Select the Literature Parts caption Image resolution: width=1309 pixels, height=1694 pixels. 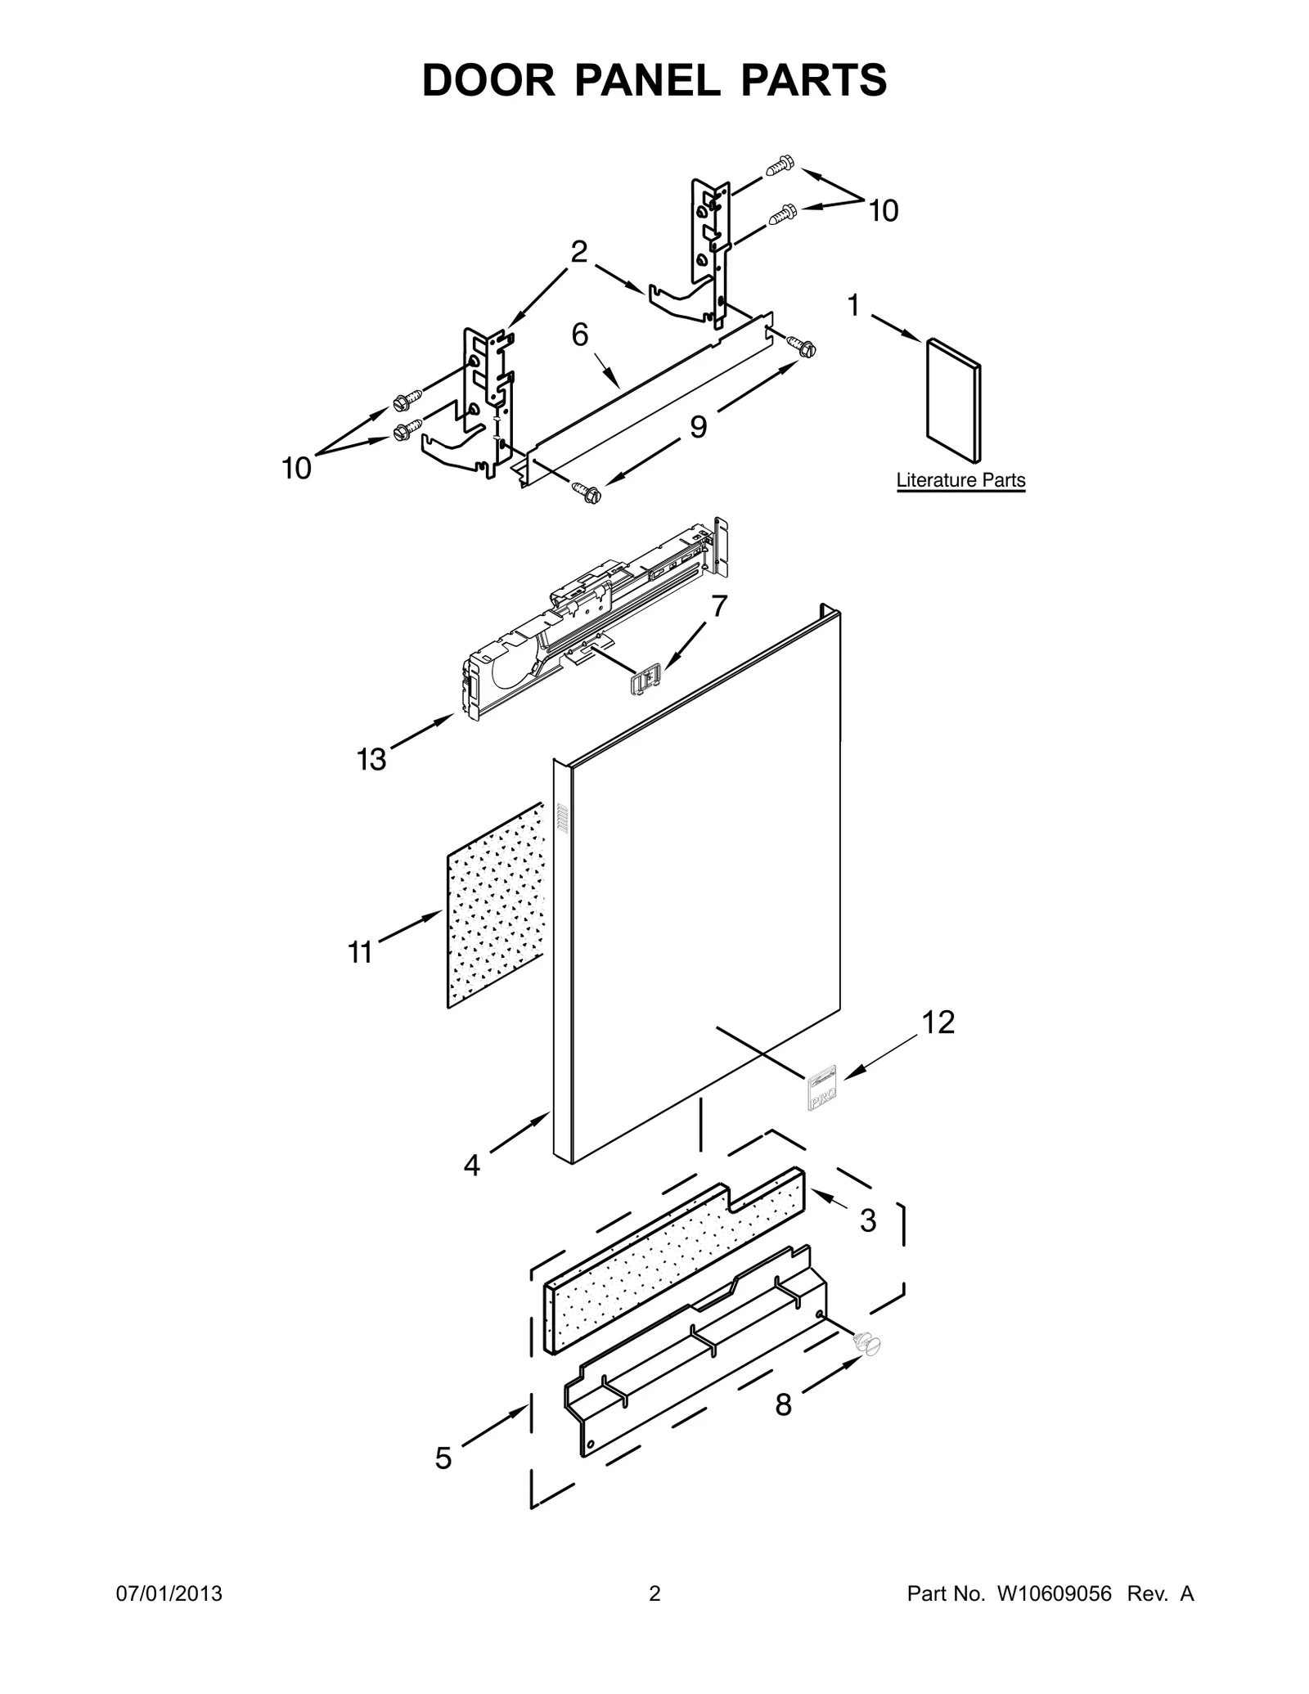pyautogui.click(x=960, y=480)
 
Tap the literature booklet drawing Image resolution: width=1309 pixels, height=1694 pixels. pyautogui.click(x=953, y=401)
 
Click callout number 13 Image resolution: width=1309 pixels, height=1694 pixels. pyautogui.click(x=371, y=760)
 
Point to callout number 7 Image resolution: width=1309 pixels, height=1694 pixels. pyautogui.click(x=718, y=606)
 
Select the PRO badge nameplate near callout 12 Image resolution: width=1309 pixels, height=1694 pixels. pyautogui.click(x=821, y=1088)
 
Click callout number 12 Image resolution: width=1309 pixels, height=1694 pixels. pyautogui.click(x=938, y=1022)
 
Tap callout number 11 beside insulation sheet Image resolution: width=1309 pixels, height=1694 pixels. pyautogui.click(x=360, y=952)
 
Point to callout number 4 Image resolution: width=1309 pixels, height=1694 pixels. pyautogui.click(x=472, y=1165)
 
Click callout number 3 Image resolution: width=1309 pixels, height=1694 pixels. pyautogui.click(x=868, y=1243)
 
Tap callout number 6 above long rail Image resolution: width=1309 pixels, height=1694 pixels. pyautogui.click(x=579, y=335)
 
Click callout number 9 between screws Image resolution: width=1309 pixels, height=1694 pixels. pyautogui.click(x=698, y=426)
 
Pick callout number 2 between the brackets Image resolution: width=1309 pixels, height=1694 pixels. pyautogui.click(x=578, y=252)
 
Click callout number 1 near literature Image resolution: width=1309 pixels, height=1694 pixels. pyautogui.click(x=853, y=306)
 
